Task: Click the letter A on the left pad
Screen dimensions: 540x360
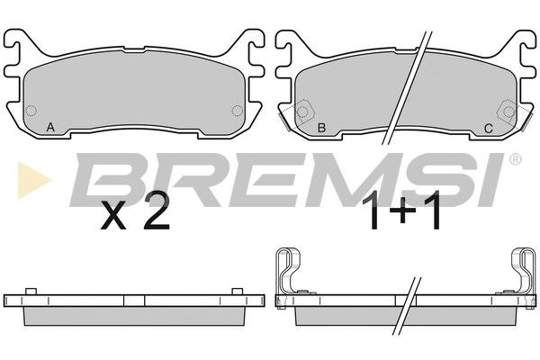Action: [50, 128]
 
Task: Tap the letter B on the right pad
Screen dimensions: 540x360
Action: [321, 128]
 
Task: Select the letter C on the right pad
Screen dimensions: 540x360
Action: [489, 128]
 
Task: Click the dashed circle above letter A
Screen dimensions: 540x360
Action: [31, 111]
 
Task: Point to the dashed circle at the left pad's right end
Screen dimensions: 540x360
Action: [237, 111]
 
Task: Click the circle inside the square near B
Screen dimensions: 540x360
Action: [303, 112]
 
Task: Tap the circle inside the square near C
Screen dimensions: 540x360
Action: [508, 112]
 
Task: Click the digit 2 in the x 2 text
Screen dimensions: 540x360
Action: [157, 211]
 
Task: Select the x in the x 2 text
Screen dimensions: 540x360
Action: [113, 216]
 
